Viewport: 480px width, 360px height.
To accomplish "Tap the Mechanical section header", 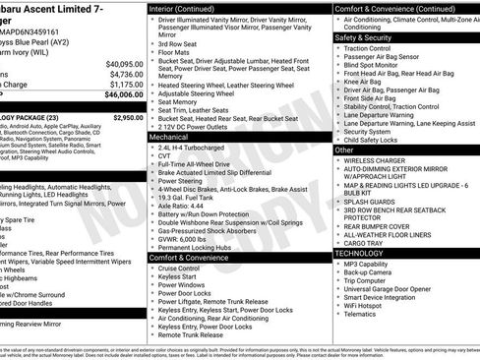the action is click(x=169, y=138).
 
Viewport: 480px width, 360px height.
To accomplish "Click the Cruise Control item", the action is click(x=179, y=269).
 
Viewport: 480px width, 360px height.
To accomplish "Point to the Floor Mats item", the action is click(x=174, y=54).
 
